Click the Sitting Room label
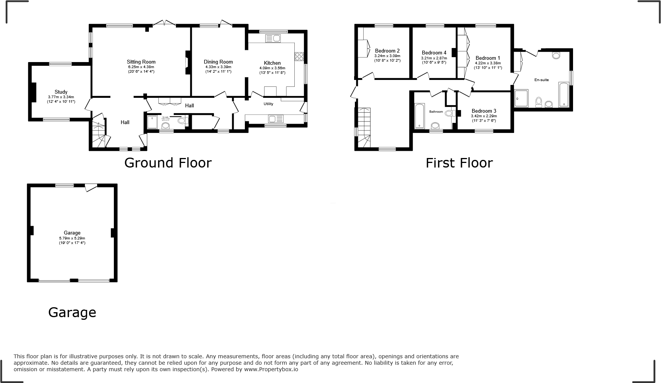click(x=141, y=62)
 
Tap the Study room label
click(x=61, y=92)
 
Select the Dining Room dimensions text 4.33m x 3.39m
click(x=218, y=67)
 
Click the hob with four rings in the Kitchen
click(x=299, y=57)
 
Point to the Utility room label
click(x=268, y=104)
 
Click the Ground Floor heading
click(x=168, y=163)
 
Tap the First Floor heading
click(x=459, y=163)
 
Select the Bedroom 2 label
click(x=387, y=51)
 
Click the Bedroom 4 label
click(x=434, y=53)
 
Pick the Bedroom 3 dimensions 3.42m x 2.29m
click(x=484, y=116)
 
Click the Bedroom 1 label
click(x=488, y=58)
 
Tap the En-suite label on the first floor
click(x=541, y=80)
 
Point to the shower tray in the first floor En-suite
click(x=521, y=98)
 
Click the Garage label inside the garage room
click(x=72, y=233)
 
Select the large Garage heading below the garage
click(x=72, y=313)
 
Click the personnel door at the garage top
click(x=91, y=187)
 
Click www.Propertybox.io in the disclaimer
click(x=271, y=369)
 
